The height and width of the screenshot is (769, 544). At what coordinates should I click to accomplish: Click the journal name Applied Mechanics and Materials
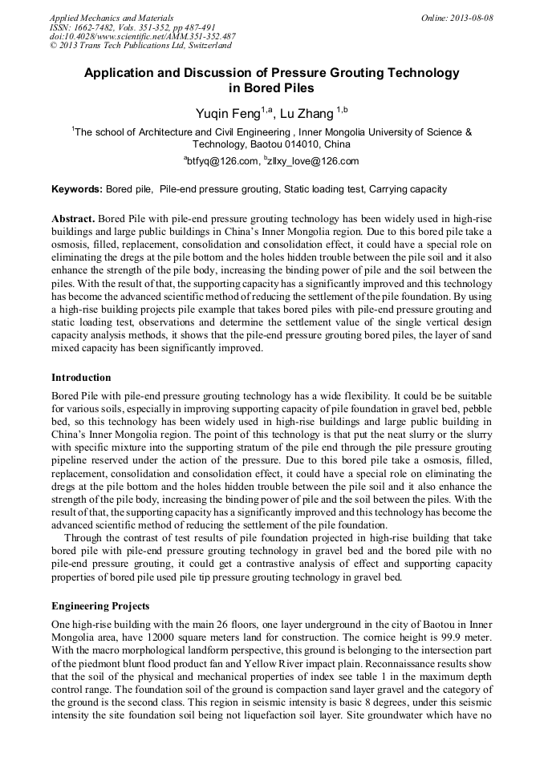[112, 17]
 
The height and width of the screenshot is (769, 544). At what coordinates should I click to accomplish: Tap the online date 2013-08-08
[473, 17]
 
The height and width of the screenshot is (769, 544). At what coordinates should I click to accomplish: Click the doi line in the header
[143, 36]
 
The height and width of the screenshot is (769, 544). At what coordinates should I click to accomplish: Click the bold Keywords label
[77, 189]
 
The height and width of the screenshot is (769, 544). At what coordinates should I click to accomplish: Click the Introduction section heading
[81, 377]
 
